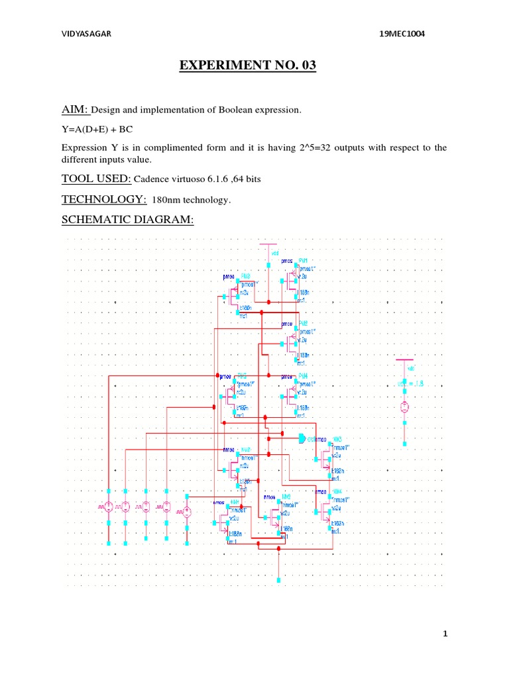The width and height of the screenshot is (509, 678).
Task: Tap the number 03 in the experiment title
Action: (304, 66)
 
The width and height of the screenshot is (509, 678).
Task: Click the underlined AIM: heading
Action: (74, 109)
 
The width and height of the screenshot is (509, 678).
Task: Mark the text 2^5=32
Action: (311, 148)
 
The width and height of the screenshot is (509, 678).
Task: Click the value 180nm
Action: (167, 201)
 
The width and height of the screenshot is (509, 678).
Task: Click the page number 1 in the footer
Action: (446, 634)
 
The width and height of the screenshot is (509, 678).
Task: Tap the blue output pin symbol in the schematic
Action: (302, 438)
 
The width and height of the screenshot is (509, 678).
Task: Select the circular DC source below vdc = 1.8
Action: (404, 407)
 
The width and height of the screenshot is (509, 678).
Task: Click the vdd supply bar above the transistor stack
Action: (268, 246)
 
